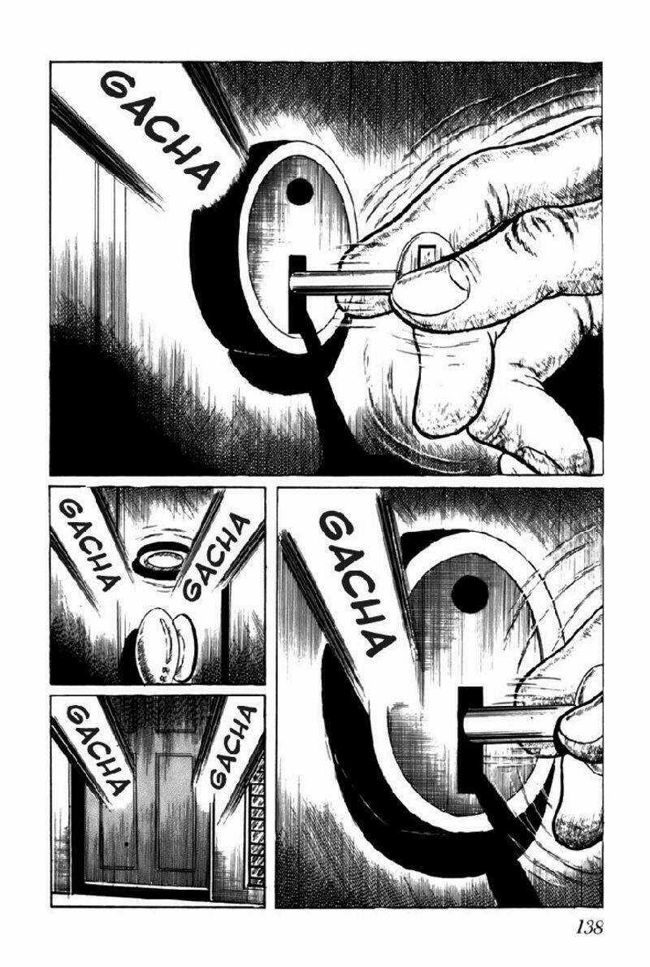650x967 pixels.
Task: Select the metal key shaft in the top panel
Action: click(x=343, y=283)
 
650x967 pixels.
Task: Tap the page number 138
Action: click(x=590, y=927)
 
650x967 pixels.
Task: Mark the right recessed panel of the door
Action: click(x=175, y=810)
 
